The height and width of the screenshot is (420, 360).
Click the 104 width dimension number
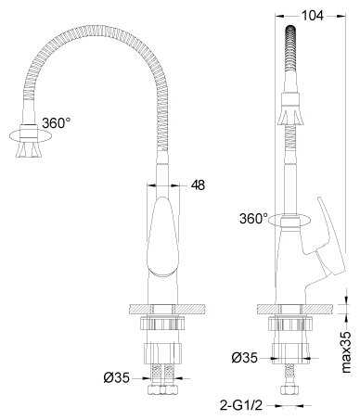(313, 16)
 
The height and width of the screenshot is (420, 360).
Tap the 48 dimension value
(198, 185)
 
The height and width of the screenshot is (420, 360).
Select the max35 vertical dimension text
(347, 352)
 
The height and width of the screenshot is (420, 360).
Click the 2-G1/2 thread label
(241, 405)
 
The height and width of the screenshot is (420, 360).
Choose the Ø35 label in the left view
(116, 377)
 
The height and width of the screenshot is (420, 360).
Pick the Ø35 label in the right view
(244, 358)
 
